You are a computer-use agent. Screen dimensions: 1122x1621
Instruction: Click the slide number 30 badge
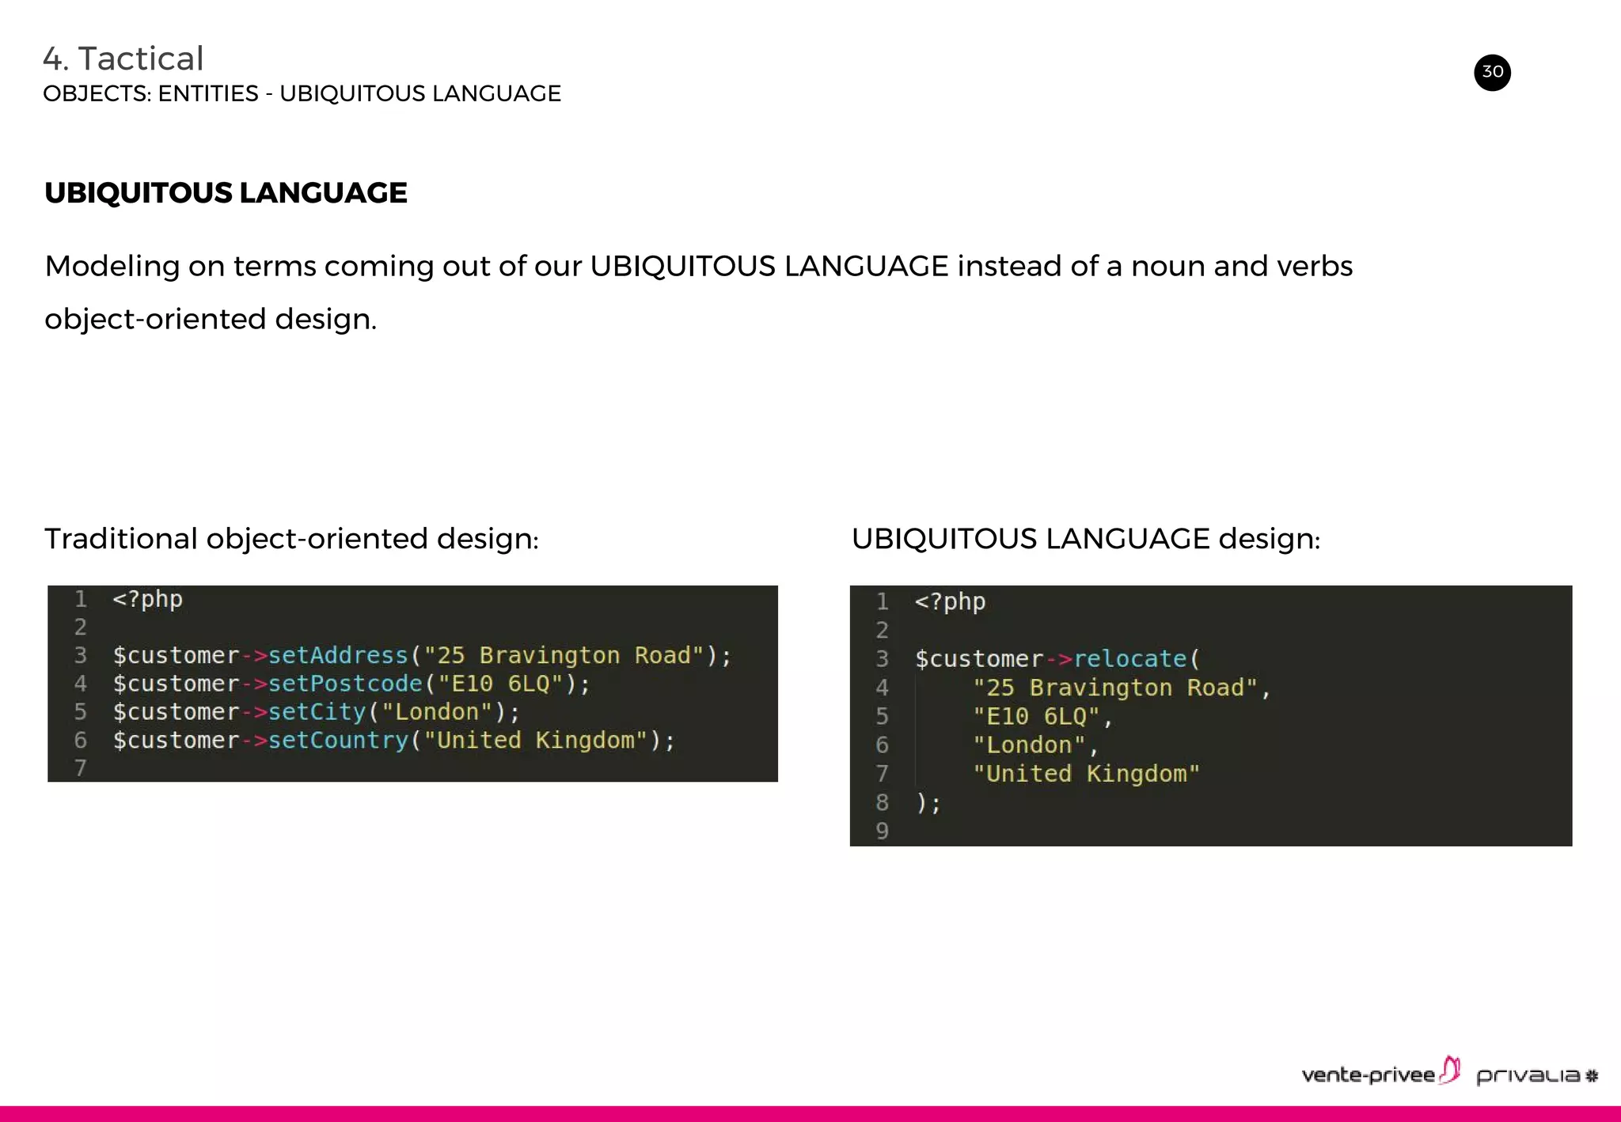(x=1492, y=73)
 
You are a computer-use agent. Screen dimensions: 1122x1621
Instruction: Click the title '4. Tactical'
(x=123, y=59)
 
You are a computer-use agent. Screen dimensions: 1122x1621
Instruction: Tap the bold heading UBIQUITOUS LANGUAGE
(x=226, y=193)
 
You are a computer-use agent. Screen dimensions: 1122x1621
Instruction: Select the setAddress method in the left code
(x=338, y=655)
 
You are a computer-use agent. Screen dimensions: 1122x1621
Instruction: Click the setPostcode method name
(x=345, y=684)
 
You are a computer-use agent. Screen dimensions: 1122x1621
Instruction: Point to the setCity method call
(x=317, y=712)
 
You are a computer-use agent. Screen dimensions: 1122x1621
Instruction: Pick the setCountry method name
(x=338, y=741)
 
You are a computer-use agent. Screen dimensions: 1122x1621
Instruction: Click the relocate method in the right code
(x=1129, y=658)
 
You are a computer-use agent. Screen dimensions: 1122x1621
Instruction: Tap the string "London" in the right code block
(x=1029, y=745)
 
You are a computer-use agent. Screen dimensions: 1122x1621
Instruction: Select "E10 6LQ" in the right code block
(x=1036, y=717)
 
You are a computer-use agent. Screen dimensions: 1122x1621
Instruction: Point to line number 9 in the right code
(x=882, y=831)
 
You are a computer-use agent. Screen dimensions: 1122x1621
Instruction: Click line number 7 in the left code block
(x=80, y=768)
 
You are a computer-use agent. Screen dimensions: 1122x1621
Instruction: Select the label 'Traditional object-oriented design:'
(x=291, y=539)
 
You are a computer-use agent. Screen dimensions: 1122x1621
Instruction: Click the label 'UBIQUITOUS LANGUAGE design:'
(x=1085, y=539)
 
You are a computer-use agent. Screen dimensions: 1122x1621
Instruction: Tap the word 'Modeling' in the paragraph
(x=112, y=267)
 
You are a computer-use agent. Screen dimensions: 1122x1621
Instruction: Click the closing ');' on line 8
(x=928, y=802)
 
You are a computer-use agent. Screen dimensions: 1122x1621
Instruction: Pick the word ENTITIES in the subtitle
(x=208, y=93)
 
